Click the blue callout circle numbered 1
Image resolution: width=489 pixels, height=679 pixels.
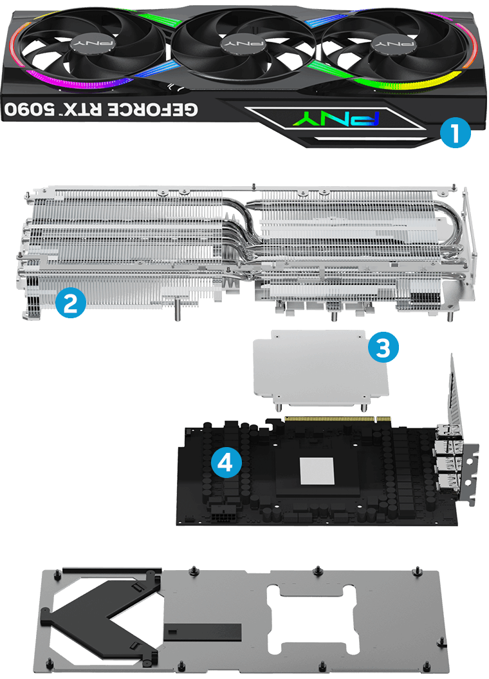click(x=456, y=134)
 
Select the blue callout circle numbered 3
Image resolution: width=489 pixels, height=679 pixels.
click(x=383, y=349)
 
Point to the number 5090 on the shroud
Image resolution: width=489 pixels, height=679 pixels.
click(x=30, y=108)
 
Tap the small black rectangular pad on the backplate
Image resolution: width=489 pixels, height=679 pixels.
click(x=202, y=631)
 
